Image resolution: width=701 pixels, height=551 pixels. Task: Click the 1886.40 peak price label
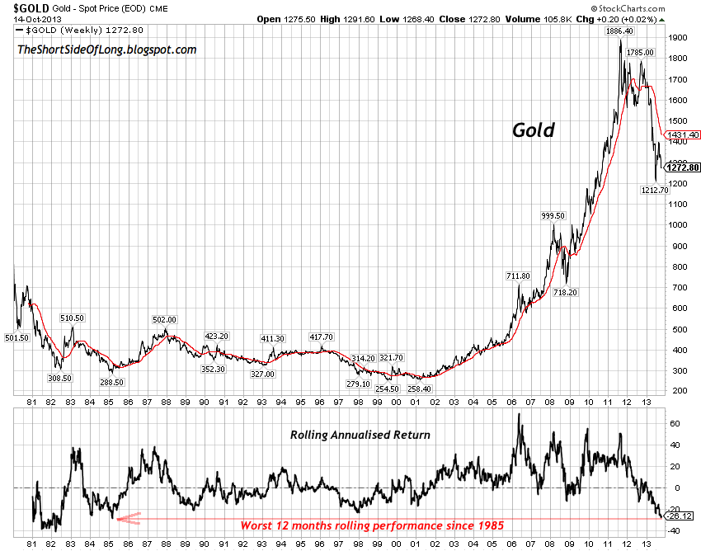(x=619, y=31)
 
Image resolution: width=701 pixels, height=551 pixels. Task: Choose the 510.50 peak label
(x=73, y=318)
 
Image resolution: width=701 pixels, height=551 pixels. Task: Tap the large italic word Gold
(x=534, y=130)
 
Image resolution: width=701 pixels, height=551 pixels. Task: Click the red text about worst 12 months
(x=370, y=525)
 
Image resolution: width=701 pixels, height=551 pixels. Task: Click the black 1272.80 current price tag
(x=684, y=167)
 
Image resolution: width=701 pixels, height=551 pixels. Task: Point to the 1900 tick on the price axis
(x=680, y=38)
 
